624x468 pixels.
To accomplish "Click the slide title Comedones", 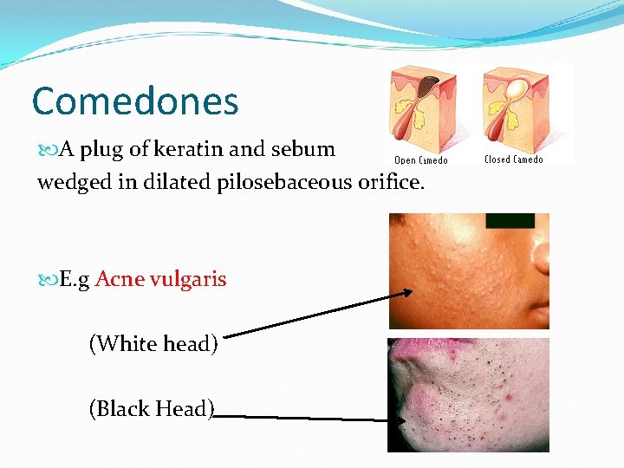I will click(134, 101).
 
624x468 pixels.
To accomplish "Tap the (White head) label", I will click(153, 344).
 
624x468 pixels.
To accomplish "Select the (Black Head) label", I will click(153, 408).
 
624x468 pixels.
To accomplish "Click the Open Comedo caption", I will click(421, 160).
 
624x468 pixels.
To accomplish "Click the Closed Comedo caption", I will click(514, 159).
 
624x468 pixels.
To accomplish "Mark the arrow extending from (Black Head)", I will click(303, 417).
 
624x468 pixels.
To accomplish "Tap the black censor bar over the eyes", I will click(510, 220).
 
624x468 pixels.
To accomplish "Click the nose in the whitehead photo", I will click(540, 260).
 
